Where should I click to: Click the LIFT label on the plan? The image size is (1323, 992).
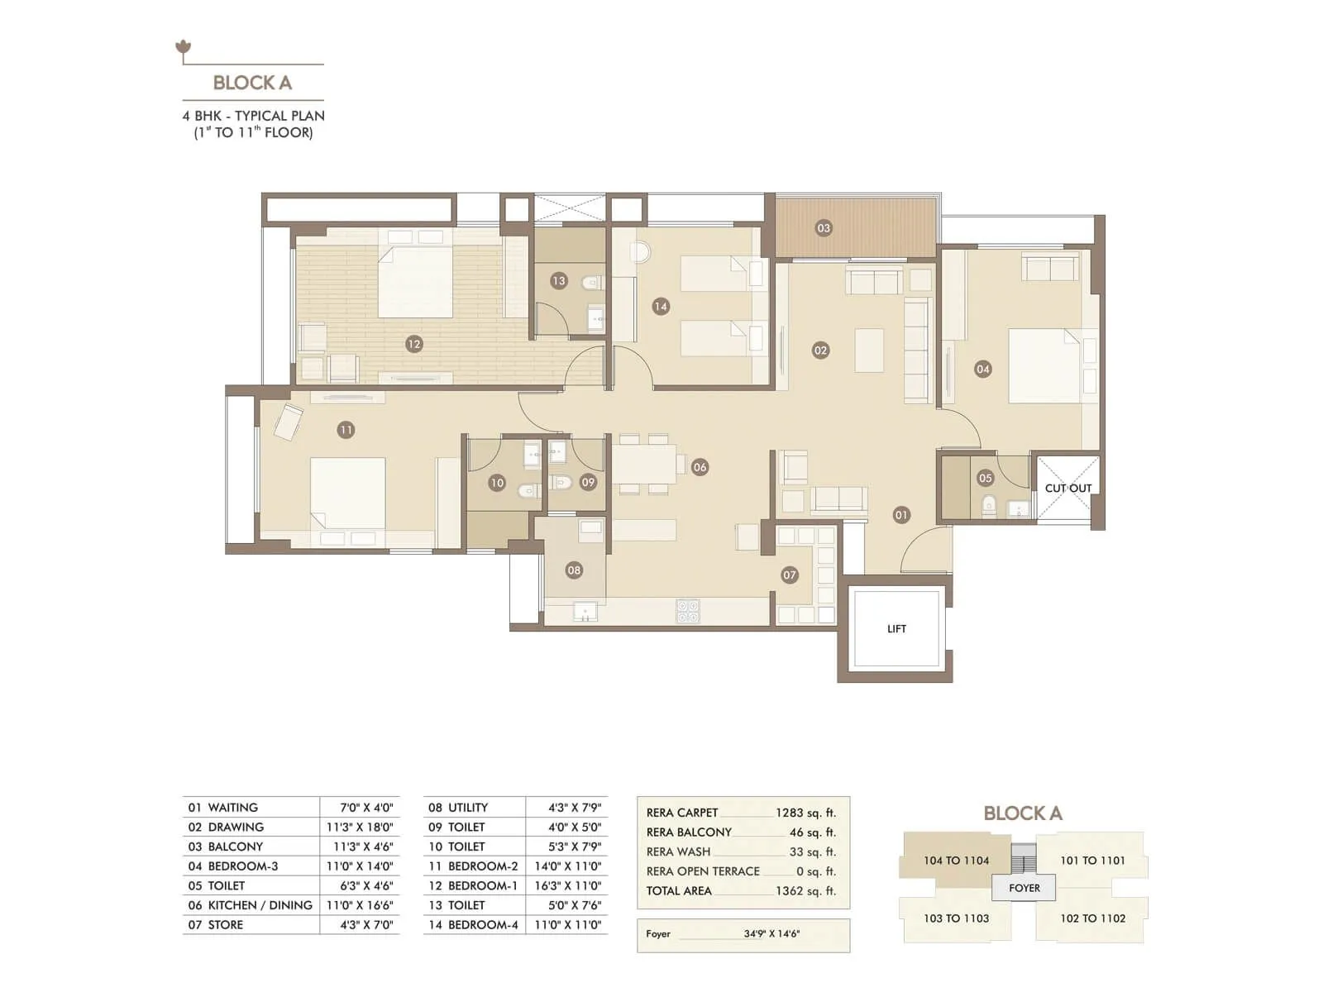896,629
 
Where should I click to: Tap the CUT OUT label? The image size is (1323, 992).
1067,488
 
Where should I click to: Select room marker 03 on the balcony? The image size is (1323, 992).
824,228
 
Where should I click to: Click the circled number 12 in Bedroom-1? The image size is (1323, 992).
414,344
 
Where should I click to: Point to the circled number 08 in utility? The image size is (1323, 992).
574,570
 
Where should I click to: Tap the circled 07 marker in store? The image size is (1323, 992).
790,575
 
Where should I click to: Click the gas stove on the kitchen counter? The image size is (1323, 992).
688,611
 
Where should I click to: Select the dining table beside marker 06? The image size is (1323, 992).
644,464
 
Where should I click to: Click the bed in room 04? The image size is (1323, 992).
1044,365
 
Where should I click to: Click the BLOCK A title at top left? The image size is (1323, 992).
252,83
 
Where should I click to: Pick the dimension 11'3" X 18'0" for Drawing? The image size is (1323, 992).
360,827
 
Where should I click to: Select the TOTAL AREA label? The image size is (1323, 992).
679,890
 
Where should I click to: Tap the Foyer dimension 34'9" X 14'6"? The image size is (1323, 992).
771,933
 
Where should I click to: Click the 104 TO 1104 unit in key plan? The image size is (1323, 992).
956,860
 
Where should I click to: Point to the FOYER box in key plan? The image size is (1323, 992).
1024,888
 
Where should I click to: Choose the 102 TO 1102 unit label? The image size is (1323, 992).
1092,918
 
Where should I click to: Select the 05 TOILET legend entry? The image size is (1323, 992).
217,885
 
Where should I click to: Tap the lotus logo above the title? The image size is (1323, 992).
184,48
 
